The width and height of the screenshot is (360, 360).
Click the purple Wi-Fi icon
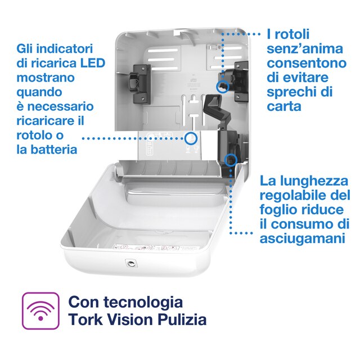click(x=40, y=311)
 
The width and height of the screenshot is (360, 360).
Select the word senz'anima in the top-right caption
click(x=299, y=48)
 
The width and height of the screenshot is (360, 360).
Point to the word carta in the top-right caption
click(x=286, y=106)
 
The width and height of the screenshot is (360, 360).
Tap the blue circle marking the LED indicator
click(x=192, y=137)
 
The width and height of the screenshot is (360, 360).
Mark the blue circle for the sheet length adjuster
click(x=230, y=160)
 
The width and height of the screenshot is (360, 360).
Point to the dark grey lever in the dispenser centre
click(x=212, y=107)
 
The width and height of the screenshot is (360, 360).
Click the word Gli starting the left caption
click(x=28, y=48)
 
